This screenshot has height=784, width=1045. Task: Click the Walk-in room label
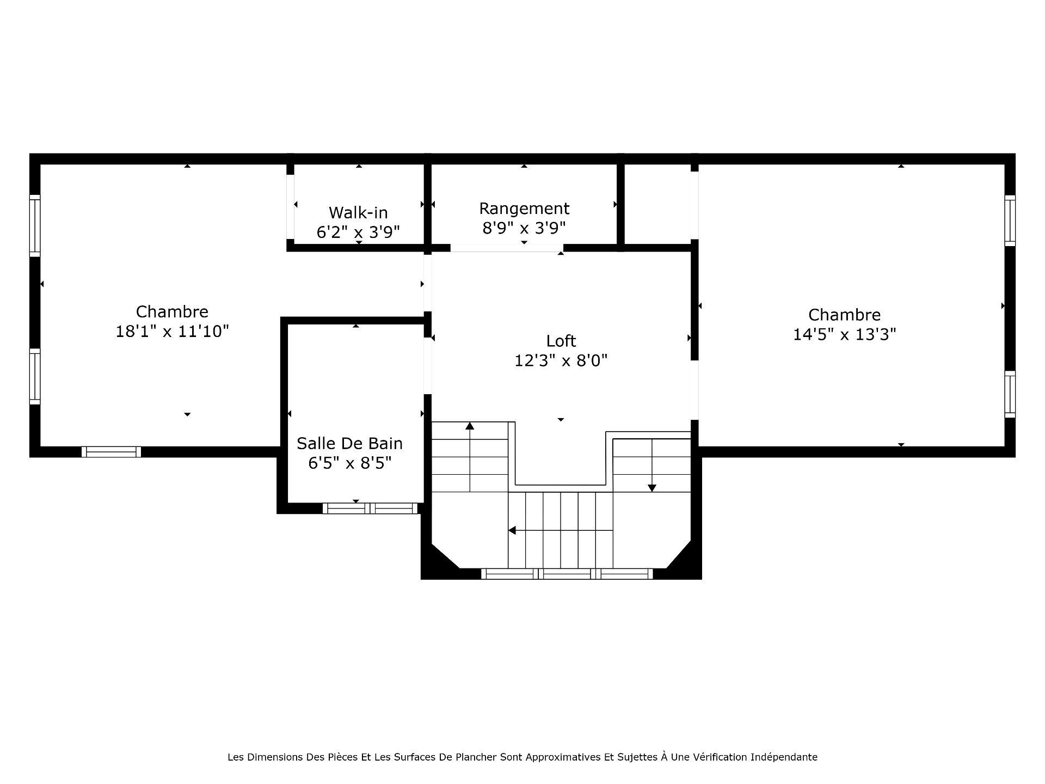(358, 212)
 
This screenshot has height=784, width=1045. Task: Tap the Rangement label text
(524, 209)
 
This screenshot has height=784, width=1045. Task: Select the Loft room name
(561, 341)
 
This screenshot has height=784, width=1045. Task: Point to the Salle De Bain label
(349, 443)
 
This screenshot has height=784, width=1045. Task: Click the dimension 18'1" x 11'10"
(172, 331)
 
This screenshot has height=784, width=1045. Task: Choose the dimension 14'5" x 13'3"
(844, 334)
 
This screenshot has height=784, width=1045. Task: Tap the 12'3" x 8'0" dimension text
(561, 360)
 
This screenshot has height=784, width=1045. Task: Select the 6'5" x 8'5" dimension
(349, 463)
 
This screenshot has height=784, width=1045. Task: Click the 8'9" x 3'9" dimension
(524, 228)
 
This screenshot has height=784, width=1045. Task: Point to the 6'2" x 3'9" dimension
(358, 232)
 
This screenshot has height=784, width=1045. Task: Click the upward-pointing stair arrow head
(470, 426)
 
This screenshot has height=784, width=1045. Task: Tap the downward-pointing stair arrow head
(652, 488)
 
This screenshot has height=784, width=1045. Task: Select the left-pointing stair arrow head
(512, 530)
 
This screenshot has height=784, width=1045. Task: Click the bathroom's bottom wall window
(370, 509)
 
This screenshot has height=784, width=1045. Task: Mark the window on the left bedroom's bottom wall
(112, 452)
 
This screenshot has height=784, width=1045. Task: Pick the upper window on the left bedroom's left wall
(35, 225)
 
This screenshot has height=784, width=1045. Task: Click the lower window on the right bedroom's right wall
(1010, 394)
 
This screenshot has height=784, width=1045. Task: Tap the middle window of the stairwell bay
(567, 574)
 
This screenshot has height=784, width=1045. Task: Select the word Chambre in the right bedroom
(844, 315)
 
